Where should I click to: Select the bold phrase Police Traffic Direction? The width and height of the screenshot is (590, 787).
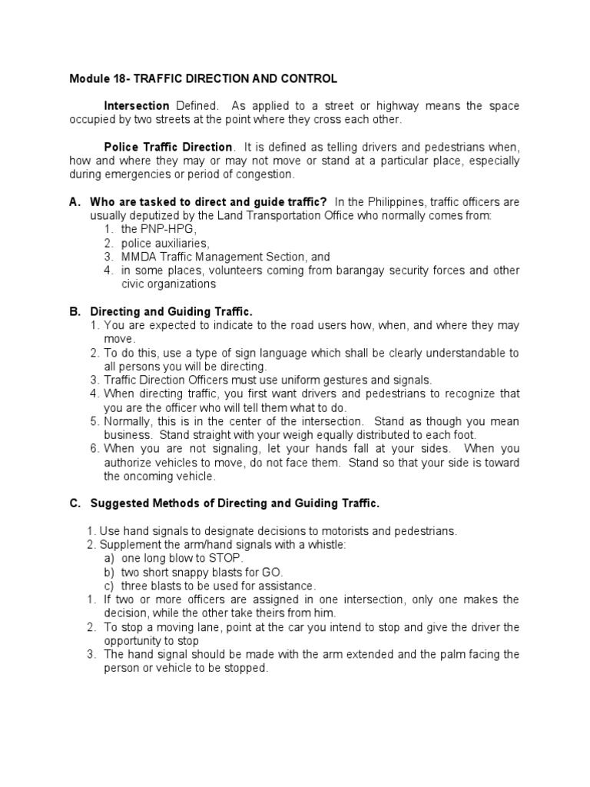coord(168,147)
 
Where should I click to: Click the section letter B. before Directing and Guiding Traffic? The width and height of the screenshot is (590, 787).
coord(75,312)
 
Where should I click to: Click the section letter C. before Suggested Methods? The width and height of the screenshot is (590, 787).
coord(75,503)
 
